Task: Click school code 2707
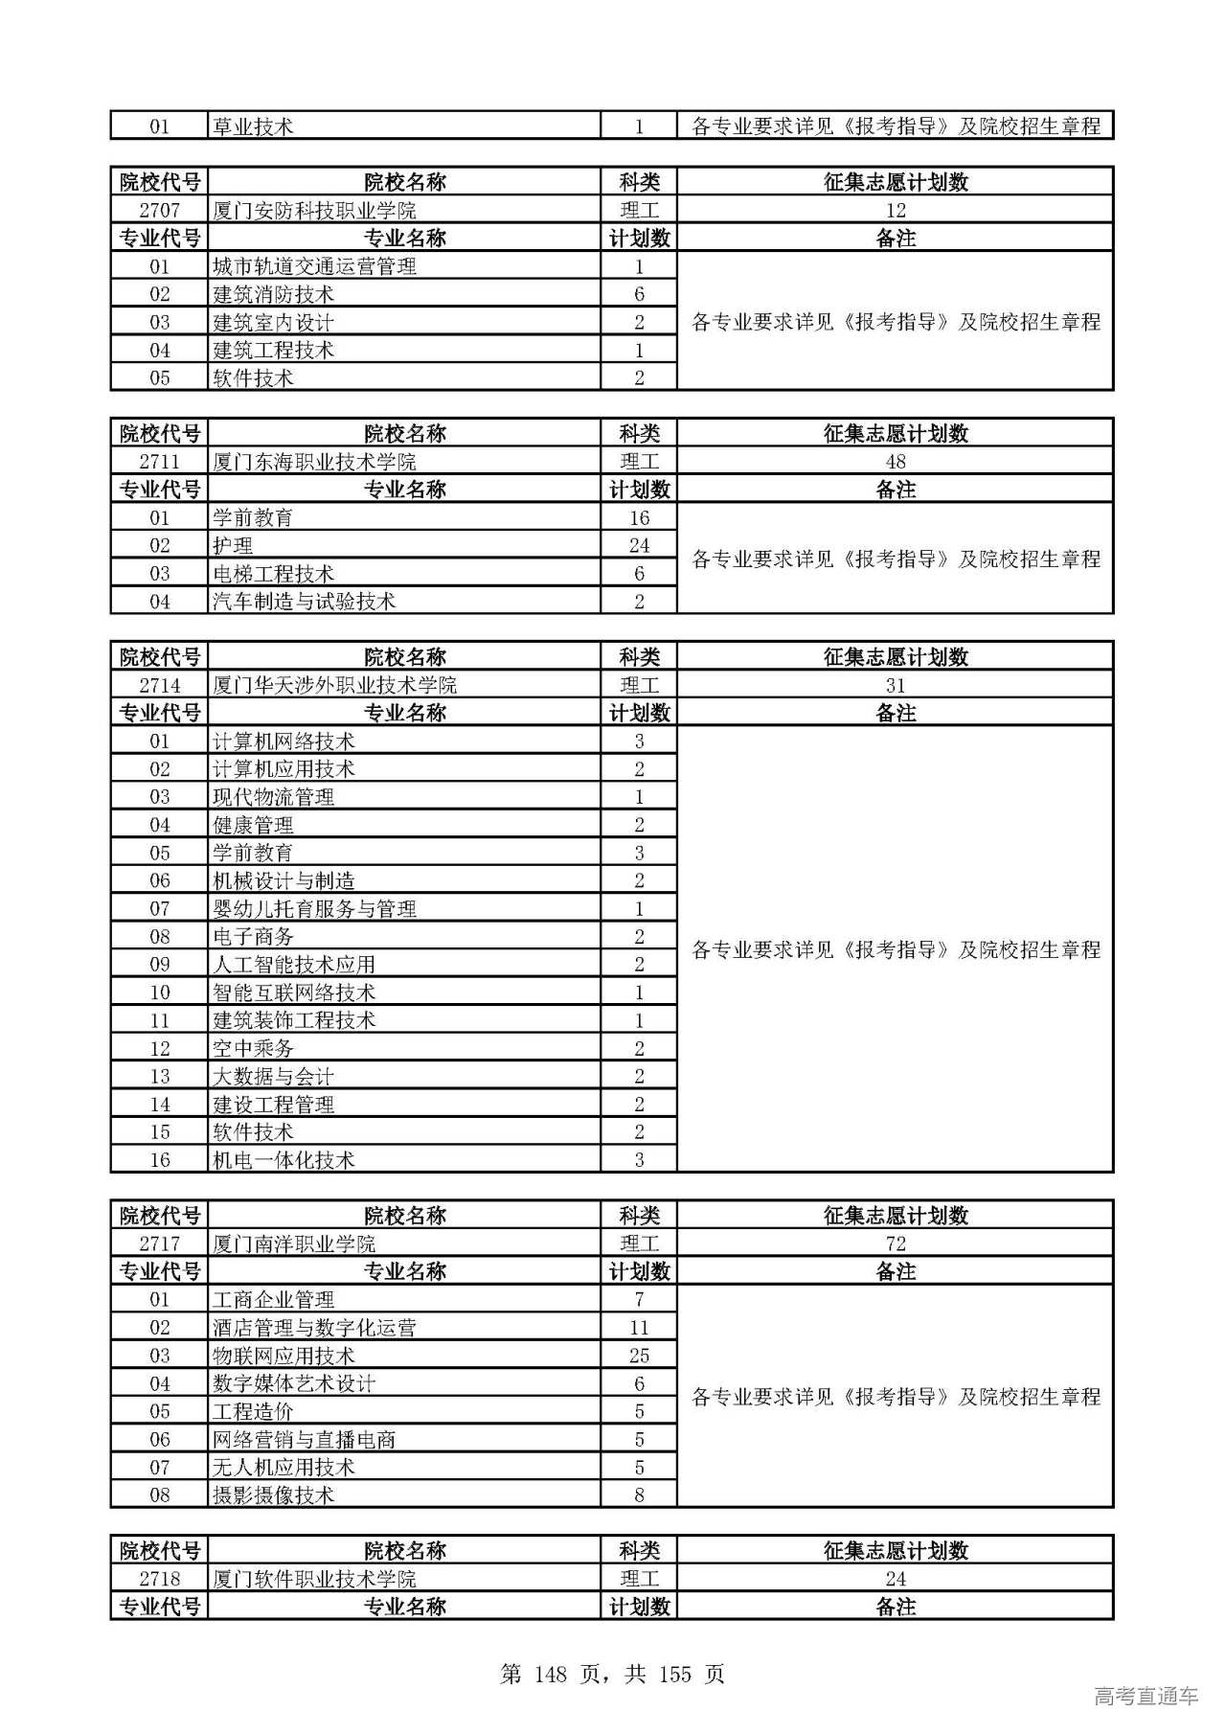coord(159,211)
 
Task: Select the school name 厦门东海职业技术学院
coord(314,462)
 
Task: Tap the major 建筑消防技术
coord(273,294)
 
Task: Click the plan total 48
coord(895,462)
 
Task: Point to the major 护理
coord(233,546)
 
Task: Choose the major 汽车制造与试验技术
coord(304,602)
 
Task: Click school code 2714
coord(159,685)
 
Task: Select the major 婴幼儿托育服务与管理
coord(314,908)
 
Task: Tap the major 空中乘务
coord(253,1048)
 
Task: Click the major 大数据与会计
coord(273,1076)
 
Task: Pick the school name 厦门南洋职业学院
coord(294,1243)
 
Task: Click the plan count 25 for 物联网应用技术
coord(639,1356)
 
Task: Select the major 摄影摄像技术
coord(273,1494)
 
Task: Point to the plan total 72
coord(895,1243)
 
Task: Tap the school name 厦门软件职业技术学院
coord(314,1579)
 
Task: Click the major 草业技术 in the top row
coord(253,126)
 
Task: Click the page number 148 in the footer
coord(552,1674)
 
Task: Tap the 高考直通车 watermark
coord(1146,1696)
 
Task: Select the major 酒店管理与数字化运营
coord(314,1328)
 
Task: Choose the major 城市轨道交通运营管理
coord(314,266)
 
